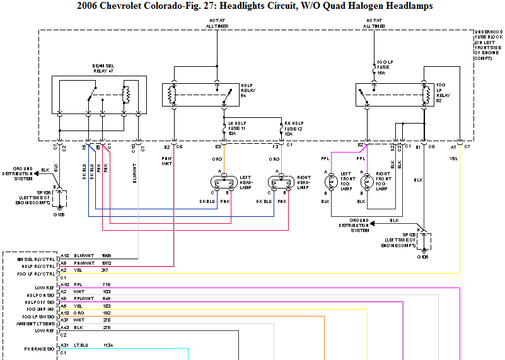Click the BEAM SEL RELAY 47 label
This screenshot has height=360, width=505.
[101, 69]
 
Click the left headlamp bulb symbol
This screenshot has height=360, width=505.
[221, 183]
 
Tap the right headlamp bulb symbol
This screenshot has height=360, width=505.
[279, 183]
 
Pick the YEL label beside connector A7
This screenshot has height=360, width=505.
[453, 158]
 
